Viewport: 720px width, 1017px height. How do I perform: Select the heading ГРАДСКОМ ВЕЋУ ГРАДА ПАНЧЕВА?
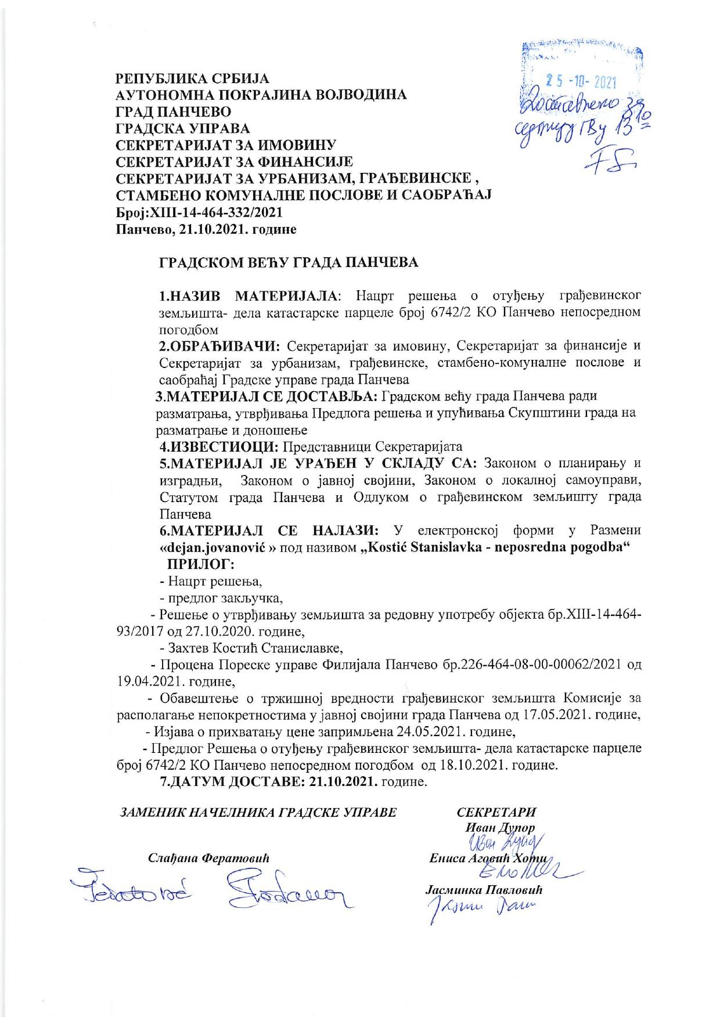coord(289,262)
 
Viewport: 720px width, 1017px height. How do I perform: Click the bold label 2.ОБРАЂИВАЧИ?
coord(220,347)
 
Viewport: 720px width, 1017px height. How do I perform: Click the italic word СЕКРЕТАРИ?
coord(496,812)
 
